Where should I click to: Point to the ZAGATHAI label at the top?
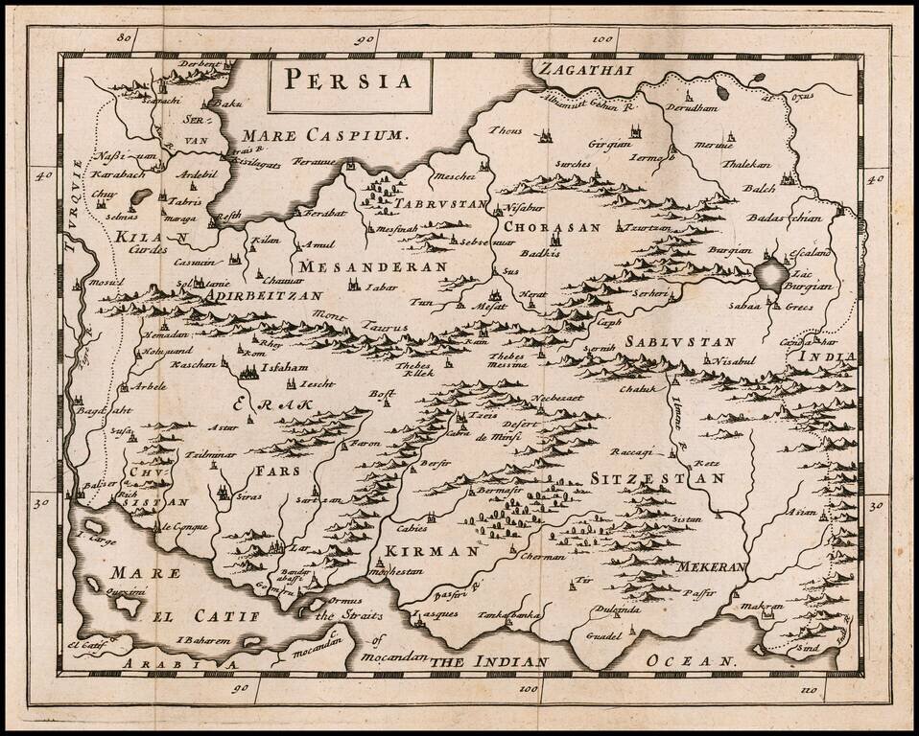(579, 70)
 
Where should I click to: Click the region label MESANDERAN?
(372, 265)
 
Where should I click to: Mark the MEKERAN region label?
(711, 567)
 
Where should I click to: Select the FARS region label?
(279, 471)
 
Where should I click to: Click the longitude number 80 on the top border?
(122, 39)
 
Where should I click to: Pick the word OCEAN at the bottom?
(691, 661)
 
